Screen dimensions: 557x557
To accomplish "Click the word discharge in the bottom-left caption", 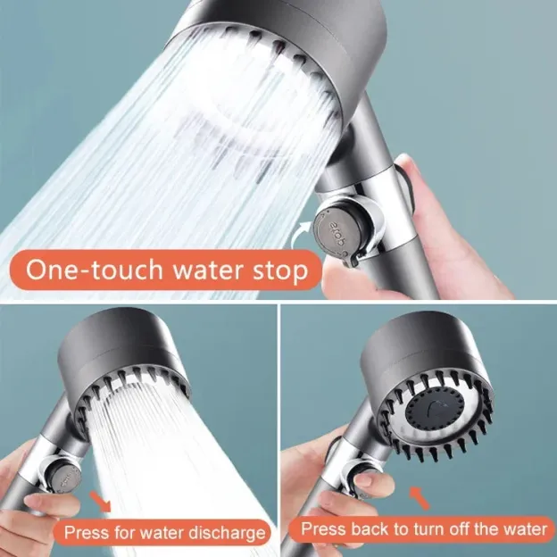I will click(223, 533).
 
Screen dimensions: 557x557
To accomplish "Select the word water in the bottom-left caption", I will click(164, 533).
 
